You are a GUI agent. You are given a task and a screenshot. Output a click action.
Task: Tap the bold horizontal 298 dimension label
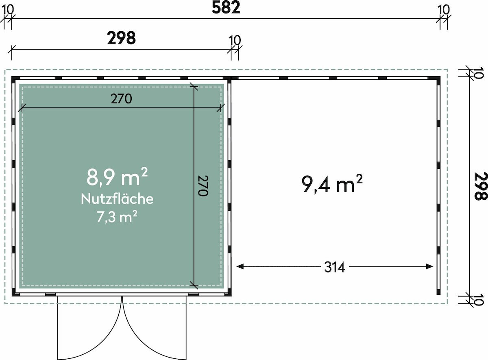(x=121, y=38)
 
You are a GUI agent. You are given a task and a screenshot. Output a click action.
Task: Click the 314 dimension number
(x=334, y=267)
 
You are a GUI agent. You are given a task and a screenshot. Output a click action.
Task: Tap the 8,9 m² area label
(x=117, y=177)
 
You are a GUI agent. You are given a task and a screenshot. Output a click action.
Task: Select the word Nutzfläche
(x=117, y=199)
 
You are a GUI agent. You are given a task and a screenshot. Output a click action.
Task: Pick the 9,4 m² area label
(x=332, y=184)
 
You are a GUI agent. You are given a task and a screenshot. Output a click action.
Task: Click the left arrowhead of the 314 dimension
(x=240, y=266)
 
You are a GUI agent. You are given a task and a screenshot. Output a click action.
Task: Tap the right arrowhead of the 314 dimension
(x=429, y=266)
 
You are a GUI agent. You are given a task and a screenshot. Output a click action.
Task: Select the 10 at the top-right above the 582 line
(x=444, y=10)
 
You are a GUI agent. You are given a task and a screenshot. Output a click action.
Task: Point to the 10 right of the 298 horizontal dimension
(x=235, y=40)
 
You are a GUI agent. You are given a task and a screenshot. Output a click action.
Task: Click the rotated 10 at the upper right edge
(x=480, y=73)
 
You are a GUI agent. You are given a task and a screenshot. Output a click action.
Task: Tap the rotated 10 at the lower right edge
(x=480, y=300)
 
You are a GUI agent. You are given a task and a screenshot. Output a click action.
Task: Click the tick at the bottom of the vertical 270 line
(x=194, y=285)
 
